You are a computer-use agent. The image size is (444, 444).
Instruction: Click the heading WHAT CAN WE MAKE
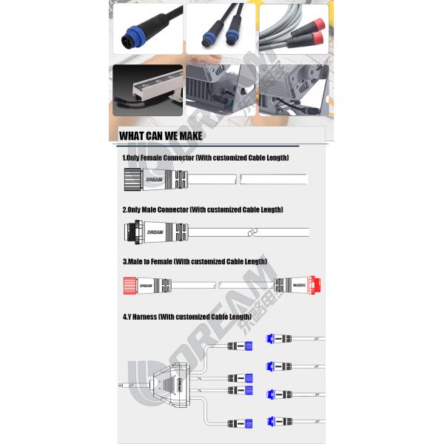[x=161, y=136]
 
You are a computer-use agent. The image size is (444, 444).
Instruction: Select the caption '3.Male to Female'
[x=146, y=261]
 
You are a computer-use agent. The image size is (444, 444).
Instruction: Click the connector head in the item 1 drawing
[x=132, y=179]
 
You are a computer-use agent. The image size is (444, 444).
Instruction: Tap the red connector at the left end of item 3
[x=129, y=284]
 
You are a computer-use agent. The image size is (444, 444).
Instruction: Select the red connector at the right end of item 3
[x=315, y=284]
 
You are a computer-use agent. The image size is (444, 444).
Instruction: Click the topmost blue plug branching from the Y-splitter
[x=248, y=346]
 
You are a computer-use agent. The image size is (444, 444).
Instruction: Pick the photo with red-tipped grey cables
[x=293, y=30]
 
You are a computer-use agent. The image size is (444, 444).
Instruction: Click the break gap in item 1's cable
[x=238, y=179]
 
